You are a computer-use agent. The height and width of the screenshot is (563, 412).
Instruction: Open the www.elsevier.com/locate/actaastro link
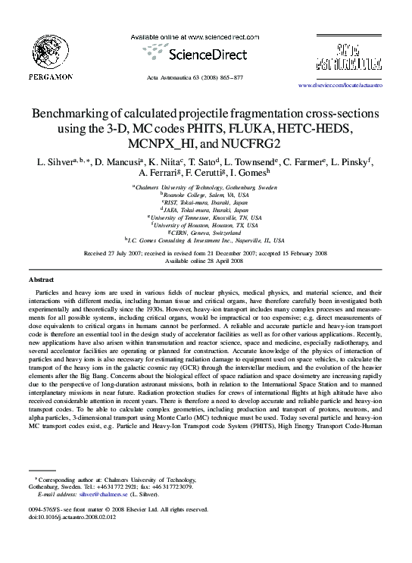click(x=340, y=86)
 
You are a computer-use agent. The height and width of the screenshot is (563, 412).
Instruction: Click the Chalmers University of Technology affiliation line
click(x=204, y=186)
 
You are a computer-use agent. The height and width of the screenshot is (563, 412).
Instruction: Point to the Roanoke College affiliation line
click(x=204, y=194)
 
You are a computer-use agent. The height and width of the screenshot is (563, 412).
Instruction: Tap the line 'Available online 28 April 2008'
click(x=204, y=260)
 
